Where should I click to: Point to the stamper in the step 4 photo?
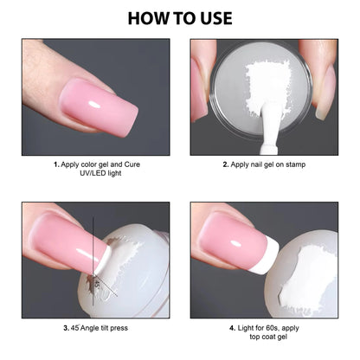(x=307, y=268)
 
